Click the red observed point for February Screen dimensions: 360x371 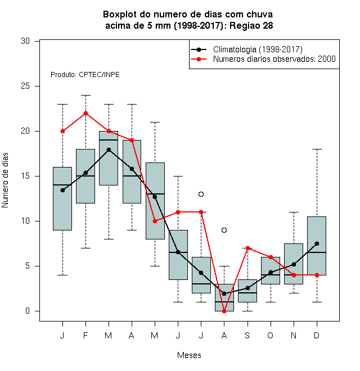point(85,113)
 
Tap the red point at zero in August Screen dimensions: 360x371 point(224,311)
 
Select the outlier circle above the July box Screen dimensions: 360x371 point(201,194)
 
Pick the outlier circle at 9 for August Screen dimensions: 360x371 point(224,230)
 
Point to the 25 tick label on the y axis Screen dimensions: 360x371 point(25,86)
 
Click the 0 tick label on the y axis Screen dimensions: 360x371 point(28,311)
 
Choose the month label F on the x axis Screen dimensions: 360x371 point(85,335)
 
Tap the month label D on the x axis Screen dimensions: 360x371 point(317,335)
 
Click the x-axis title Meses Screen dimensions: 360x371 point(189,355)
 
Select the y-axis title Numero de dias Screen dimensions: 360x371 point(5,180)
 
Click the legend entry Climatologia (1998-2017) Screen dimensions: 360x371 point(258,49)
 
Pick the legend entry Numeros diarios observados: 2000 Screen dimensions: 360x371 point(274,59)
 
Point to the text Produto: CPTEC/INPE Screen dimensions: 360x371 point(85,75)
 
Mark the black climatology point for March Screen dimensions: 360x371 point(109,150)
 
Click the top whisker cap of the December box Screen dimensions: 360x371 point(317,150)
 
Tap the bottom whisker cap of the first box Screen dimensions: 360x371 point(62,275)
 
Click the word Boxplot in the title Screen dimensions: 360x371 point(120,15)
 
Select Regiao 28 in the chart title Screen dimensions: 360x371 point(251,25)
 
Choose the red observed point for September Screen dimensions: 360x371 point(247,248)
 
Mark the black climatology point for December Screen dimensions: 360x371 point(317,243)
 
